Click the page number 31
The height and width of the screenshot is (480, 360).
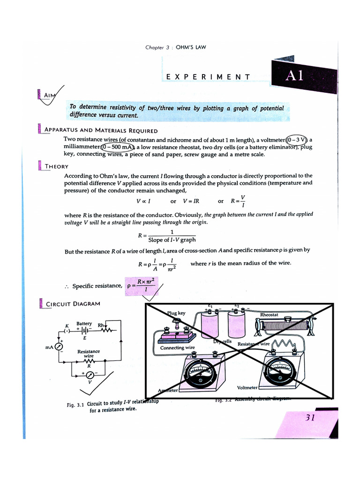click(x=310, y=418)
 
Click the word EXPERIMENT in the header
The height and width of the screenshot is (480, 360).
click(x=208, y=77)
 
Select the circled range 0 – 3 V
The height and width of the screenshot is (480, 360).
click(x=296, y=140)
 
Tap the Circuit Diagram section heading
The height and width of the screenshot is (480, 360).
click(x=73, y=304)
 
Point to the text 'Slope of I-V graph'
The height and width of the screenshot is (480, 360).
click(x=172, y=240)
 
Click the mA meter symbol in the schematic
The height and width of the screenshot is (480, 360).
click(x=59, y=346)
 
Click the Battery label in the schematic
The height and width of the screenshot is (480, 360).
click(x=84, y=324)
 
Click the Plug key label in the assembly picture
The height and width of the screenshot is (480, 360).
click(x=176, y=313)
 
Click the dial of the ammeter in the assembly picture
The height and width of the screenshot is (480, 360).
click(x=201, y=373)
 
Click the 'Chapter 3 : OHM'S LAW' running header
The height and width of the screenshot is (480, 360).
click(x=175, y=47)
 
